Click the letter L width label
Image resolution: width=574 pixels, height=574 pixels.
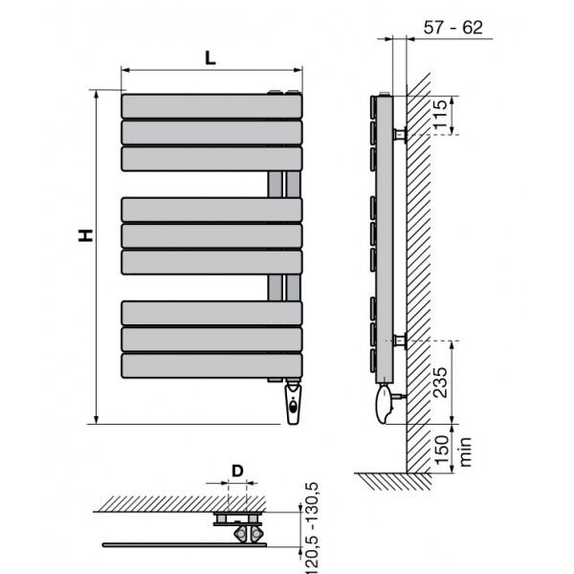coord(210,57)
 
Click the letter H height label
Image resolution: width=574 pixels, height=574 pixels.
coord(86,235)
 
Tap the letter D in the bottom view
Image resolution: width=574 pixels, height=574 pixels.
coord(237,471)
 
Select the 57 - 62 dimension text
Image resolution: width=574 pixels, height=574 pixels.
coord(453,28)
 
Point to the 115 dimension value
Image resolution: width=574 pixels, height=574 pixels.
coord(440,114)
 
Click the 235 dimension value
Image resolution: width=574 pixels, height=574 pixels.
coord(440,382)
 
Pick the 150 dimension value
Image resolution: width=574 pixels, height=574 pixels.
coord(441,450)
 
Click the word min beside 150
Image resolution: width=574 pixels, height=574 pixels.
coord(465,452)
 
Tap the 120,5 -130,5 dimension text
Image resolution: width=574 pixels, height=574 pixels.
coord(311,528)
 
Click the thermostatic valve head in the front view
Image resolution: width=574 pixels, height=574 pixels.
coord(293,403)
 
